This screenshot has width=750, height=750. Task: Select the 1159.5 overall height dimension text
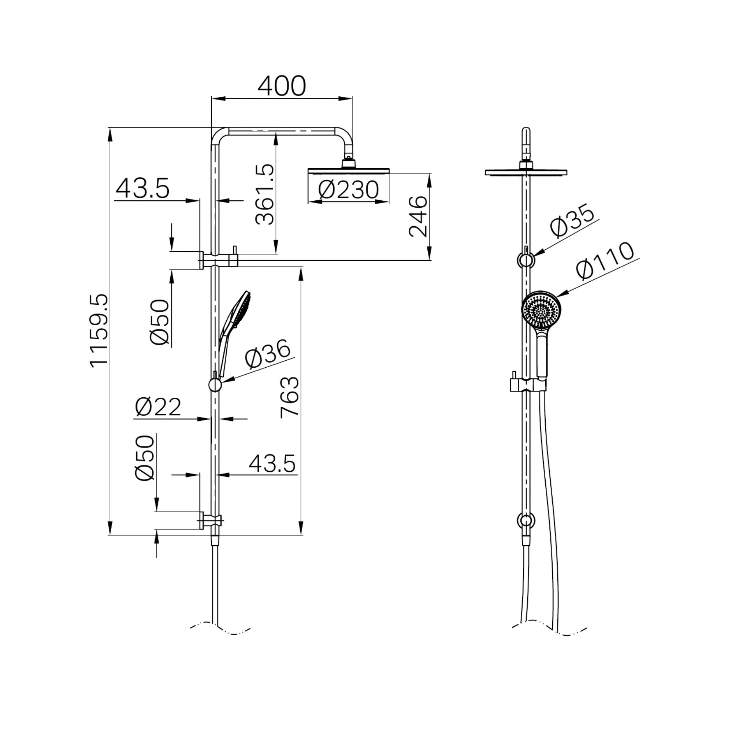[98, 330]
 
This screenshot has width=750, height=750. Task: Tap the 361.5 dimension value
[265, 194]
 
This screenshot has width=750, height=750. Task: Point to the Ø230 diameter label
[348, 190]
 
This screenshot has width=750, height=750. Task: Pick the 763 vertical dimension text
[290, 397]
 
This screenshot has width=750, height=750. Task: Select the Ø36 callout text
[268, 354]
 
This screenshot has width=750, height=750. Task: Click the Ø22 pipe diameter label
[158, 407]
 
